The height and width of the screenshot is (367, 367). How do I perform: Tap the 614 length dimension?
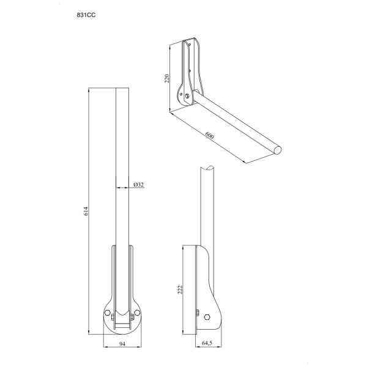(x=87, y=211)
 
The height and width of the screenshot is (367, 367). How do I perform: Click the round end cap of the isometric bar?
(x=279, y=149)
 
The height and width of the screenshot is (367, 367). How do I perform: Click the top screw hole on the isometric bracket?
(x=192, y=45)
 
